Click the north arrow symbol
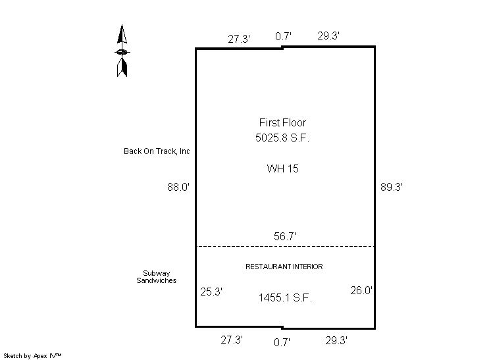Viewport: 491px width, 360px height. (x=122, y=51)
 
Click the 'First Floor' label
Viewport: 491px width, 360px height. (x=282, y=122)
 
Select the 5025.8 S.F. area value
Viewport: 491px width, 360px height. (x=282, y=138)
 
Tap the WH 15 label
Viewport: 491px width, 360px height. (x=283, y=168)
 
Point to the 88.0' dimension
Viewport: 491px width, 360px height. (x=178, y=187)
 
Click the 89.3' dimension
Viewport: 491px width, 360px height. (x=391, y=187)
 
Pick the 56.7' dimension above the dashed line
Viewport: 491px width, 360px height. (x=284, y=236)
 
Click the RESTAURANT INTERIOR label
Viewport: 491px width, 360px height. (x=284, y=267)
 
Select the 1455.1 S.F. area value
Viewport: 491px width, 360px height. (x=285, y=297)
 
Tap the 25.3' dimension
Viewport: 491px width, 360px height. (x=211, y=292)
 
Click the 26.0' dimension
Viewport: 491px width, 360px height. (x=361, y=290)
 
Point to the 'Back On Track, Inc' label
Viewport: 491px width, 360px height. (x=157, y=151)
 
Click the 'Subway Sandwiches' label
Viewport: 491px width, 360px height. (x=156, y=276)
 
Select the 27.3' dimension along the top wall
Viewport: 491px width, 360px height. (x=239, y=39)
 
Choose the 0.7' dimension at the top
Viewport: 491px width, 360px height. (x=283, y=36)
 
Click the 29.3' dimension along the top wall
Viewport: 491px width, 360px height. (x=328, y=36)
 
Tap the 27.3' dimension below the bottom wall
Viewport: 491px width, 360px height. (x=232, y=340)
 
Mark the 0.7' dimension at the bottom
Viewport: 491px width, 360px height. (x=282, y=342)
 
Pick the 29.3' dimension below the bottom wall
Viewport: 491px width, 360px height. (x=336, y=340)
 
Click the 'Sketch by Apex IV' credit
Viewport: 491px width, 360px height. (x=32, y=356)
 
